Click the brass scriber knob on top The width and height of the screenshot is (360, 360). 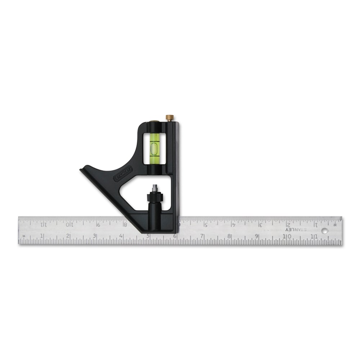tap(170, 117)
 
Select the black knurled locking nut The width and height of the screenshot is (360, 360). tap(155, 197)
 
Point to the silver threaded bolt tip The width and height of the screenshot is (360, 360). tap(155, 188)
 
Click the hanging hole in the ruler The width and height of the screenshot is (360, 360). tap(325, 231)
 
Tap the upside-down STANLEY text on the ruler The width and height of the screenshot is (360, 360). tap(296, 229)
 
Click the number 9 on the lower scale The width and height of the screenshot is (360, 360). tap(257, 236)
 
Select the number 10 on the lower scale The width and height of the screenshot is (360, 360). tap(287, 236)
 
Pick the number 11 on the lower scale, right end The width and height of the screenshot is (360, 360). tap(314, 236)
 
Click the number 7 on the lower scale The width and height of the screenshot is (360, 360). tap(202, 236)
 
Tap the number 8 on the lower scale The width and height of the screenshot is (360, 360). tap(229, 236)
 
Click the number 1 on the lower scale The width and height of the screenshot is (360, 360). tap(42, 236)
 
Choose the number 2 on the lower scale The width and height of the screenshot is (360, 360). tap(68, 236)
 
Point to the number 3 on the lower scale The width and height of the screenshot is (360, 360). tap(95, 236)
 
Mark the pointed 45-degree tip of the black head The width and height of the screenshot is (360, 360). tap(81, 168)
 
